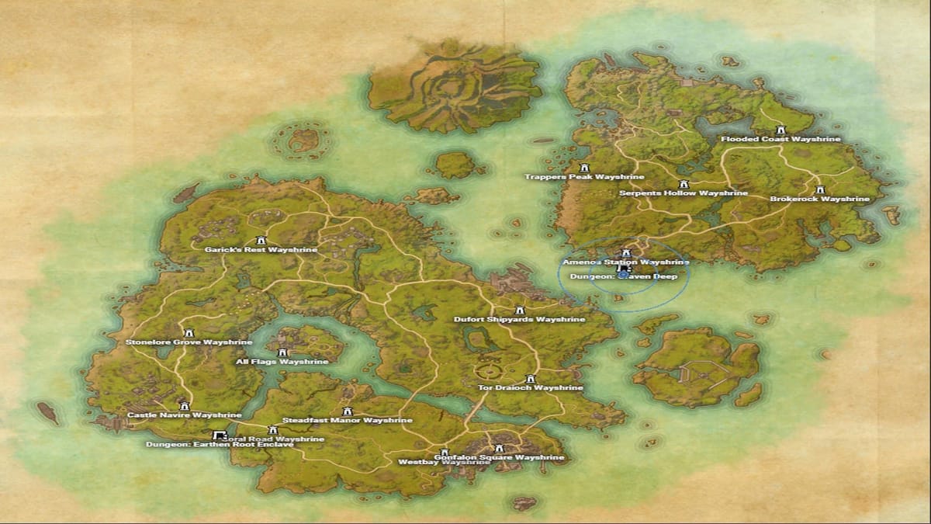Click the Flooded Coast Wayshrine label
[780, 140]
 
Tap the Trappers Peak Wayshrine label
[585, 177]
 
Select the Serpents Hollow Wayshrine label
[684, 193]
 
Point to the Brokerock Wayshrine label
[819, 200]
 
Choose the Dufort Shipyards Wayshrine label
[520, 319]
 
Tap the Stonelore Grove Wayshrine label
[189, 342]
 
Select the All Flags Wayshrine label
[282, 362]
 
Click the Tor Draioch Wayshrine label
[530, 387]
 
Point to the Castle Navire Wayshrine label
[184, 415]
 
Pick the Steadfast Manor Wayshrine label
[347, 421]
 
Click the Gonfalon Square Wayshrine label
[499, 458]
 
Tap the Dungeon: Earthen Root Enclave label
[220, 445]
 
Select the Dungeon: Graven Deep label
[623, 276]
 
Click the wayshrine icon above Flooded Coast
[780, 130]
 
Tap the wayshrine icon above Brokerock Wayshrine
[820, 189]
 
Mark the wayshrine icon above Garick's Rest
[261, 240]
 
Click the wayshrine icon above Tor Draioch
[531, 378]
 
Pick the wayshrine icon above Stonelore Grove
[186, 332]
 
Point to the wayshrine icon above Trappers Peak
[584, 167]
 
